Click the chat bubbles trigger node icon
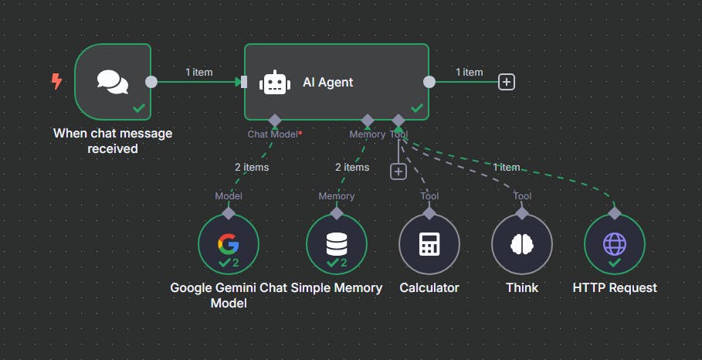113,81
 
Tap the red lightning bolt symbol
56,81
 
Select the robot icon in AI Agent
276,83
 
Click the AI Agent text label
327,82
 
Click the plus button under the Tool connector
398,172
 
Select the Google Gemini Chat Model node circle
229,245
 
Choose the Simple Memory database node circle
337,245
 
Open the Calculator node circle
429,245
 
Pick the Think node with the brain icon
522,245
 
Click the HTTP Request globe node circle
615,245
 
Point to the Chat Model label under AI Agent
273,134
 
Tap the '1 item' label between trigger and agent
198,72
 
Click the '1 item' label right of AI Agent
469,72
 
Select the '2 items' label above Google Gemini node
252,167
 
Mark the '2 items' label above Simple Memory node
352,167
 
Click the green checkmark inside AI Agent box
417,109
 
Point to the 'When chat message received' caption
113,141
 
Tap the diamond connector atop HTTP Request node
615,212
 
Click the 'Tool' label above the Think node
522,196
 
